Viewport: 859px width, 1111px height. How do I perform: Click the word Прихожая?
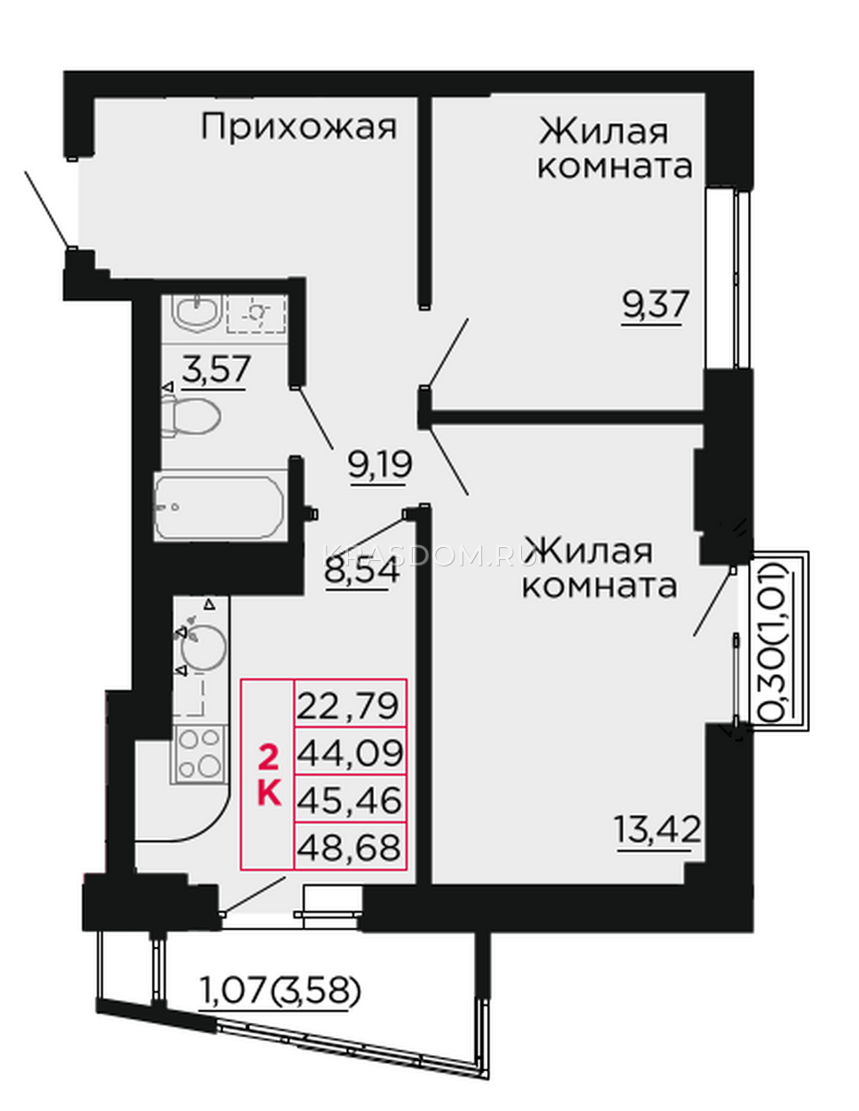[298, 127]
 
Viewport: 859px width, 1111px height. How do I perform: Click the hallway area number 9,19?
[380, 464]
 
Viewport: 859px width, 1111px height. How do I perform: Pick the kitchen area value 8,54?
[361, 570]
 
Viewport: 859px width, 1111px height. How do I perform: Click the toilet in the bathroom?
[191, 417]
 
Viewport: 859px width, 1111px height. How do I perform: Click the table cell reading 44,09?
[350, 752]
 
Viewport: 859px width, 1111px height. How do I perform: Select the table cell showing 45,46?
[350, 800]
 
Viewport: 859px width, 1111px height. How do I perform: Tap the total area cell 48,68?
[350, 846]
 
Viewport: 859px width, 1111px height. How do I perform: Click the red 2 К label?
[268, 777]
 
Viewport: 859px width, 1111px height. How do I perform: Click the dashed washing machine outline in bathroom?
[256, 314]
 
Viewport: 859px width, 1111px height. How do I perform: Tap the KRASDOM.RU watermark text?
[429, 555]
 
